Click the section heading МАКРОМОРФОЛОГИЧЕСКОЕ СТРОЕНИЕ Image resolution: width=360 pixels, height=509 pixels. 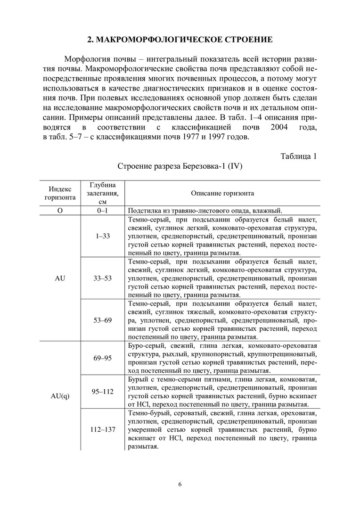click(180, 39)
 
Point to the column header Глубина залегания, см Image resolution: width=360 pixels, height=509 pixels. click(102, 193)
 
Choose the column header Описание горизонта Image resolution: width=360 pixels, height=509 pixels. click(222, 193)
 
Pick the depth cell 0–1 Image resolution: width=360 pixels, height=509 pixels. click(102, 211)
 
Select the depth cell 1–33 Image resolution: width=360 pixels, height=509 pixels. click(102, 236)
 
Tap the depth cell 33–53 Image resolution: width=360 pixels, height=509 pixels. click(102, 278)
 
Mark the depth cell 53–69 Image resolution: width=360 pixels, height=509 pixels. click(102, 320)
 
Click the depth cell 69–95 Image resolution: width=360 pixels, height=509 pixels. click(102, 358)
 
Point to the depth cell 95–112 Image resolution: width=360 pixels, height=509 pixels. click(102, 391)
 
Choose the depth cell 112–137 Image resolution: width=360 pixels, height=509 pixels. click(102, 429)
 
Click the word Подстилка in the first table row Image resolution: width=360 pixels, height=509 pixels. click(143, 211)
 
